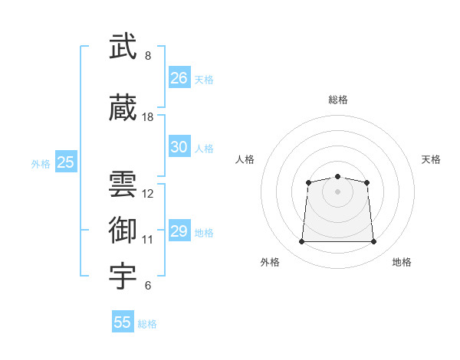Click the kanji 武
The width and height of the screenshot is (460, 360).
click(x=123, y=46)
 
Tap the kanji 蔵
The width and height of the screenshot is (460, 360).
click(x=123, y=107)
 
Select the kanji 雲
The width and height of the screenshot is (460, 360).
click(x=123, y=184)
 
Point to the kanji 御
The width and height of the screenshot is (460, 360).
click(x=123, y=230)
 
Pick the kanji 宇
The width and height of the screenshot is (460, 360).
click(x=123, y=277)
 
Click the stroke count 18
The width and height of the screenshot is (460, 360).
click(x=147, y=117)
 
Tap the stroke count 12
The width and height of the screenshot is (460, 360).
click(x=147, y=194)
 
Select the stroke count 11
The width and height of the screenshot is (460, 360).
click(x=147, y=240)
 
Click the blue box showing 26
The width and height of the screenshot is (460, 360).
click(x=179, y=77)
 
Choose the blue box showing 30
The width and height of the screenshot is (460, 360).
click(x=179, y=146)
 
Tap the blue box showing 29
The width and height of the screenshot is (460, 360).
click(x=179, y=230)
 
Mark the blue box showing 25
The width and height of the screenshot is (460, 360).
click(x=66, y=161)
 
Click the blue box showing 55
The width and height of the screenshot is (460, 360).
click(x=123, y=321)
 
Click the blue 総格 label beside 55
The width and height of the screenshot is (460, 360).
click(x=147, y=324)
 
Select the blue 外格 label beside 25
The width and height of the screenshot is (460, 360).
click(x=41, y=164)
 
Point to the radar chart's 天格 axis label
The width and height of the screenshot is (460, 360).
click(x=431, y=159)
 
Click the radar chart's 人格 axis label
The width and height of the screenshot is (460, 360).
click(x=245, y=159)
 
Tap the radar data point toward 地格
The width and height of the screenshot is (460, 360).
click(x=373, y=241)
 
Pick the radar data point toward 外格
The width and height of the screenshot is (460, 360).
click(x=301, y=241)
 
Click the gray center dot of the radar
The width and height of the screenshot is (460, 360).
click(x=337, y=191)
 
